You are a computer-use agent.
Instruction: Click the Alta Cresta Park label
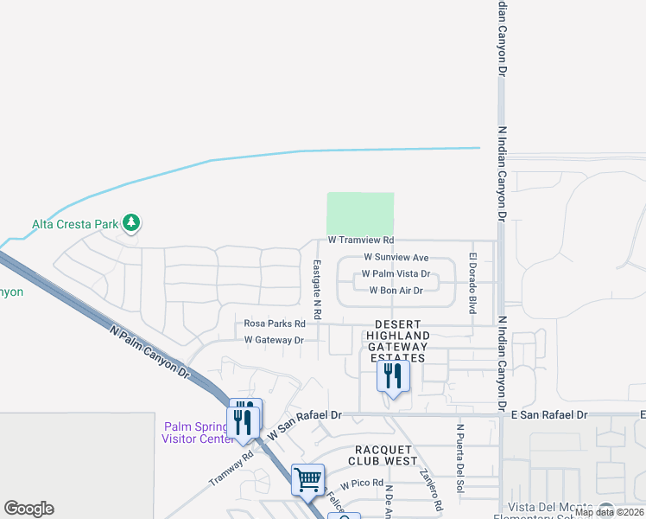point(74,224)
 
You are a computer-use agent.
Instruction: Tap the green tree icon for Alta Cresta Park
point(131,223)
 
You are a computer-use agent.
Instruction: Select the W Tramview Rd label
point(360,240)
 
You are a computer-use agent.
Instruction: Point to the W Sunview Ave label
point(396,258)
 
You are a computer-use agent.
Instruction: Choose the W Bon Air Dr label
point(396,291)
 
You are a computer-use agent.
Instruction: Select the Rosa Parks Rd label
point(275,324)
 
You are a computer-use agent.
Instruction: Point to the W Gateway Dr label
point(274,340)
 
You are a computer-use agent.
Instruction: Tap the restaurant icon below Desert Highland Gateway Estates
point(392,376)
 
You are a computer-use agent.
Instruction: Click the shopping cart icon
point(307,478)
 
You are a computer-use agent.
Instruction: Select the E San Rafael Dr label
point(549,415)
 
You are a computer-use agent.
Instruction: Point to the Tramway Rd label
point(228,468)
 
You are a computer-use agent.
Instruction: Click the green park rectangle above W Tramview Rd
point(360,213)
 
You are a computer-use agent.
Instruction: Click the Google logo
point(28,509)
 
